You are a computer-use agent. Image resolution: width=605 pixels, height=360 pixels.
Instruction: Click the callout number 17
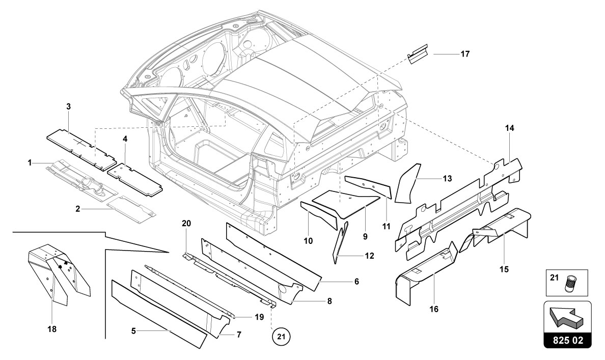click(465, 54)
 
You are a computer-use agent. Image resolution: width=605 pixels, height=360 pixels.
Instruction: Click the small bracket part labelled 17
click(418, 54)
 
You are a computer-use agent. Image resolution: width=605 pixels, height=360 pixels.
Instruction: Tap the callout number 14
click(510, 128)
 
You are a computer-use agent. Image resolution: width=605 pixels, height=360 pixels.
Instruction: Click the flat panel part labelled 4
click(134, 178)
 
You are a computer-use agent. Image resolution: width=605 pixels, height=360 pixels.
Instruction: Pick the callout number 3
click(68, 107)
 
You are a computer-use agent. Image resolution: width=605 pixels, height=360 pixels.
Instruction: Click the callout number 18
click(52, 329)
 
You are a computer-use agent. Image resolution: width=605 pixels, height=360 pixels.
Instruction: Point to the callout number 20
click(186, 224)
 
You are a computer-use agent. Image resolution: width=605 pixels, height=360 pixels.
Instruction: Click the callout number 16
click(434, 309)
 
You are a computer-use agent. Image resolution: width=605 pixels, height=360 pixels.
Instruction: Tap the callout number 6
click(356, 282)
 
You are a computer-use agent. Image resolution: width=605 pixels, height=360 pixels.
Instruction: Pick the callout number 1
click(30, 163)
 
